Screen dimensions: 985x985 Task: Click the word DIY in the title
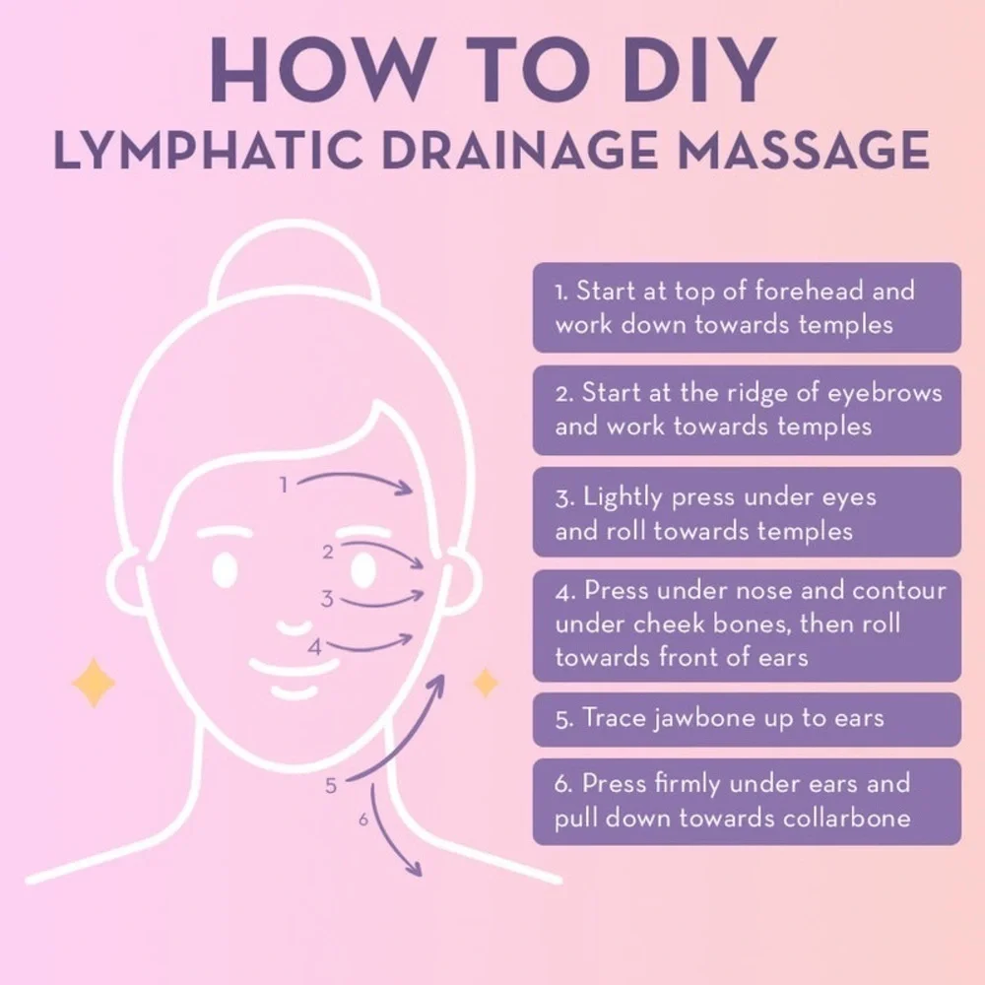tap(699, 70)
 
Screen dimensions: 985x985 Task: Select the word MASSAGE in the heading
tap(803, 150)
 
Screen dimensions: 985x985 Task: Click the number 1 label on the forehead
tap(284, 485)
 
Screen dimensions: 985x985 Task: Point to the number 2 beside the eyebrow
tap(328, 553)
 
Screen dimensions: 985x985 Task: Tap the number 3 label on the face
tap(327, 599)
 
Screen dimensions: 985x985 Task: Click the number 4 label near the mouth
tap(315, 647)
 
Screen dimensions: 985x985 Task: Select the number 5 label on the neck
tap(331, 786)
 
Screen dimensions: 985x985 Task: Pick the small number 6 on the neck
tap(363, 820)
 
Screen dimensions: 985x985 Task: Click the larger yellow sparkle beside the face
tap(94, 683)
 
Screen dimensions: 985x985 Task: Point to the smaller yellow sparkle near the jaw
tap(485, 683)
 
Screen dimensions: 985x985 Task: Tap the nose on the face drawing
tap(294, 627)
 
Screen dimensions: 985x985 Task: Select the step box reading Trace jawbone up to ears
tap(747, 719)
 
